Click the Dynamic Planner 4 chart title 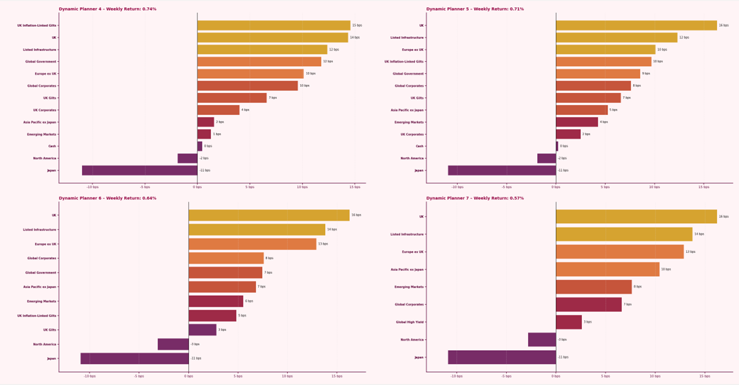tap(108, 9)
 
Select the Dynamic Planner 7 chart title tap(475, 198)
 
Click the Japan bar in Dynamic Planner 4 tap(139, 170)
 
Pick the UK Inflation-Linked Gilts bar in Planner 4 tap(274, 25)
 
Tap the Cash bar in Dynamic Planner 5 tap(557, 146)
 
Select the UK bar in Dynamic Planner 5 tap(636, 25)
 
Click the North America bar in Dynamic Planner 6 tap(173, 344)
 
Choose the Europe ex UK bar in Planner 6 tap(252, 244)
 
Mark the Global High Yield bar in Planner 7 tap(568, 322)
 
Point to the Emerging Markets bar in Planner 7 tap(594, 287)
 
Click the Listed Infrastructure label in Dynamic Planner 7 tap(407, 234)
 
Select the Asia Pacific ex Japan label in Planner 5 tap(407, 110)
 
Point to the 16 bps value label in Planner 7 tap(724, 216)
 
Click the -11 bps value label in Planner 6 tap(196, 358)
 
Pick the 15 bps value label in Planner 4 tap(357, 25)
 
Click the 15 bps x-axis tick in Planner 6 tap(337, 376)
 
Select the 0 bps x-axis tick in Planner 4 tap(197, 187)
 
